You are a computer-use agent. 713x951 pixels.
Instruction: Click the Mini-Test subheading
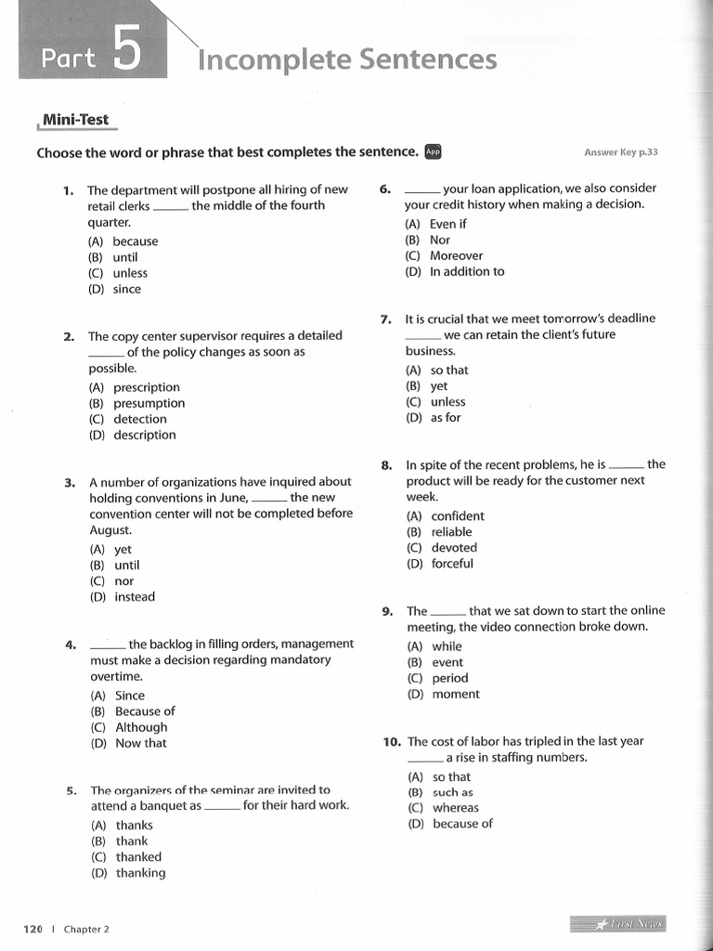click(74, 119)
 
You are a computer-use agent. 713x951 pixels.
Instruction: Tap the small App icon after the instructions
click(433, 151)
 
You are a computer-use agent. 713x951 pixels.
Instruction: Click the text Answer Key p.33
click(620, 152)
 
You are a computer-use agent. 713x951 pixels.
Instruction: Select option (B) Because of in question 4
click(132, 711)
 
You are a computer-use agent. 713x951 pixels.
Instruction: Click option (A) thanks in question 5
click(122, 825)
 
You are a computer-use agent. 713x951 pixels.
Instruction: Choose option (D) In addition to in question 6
click(455, 271)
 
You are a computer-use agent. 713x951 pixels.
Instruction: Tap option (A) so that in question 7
click(437, 370)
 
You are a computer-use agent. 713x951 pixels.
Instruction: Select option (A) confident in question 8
click(446, 516)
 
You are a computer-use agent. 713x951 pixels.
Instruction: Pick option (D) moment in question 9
click(444, 694)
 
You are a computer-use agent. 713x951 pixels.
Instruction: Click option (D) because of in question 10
click(450, 823)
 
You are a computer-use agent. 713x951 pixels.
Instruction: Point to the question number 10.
click(391, 742)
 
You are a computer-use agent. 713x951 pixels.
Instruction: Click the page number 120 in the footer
click(32, 929)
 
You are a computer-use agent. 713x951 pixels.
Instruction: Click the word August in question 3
click(110, 529)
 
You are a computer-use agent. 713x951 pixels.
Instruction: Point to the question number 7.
click(386, 319)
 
